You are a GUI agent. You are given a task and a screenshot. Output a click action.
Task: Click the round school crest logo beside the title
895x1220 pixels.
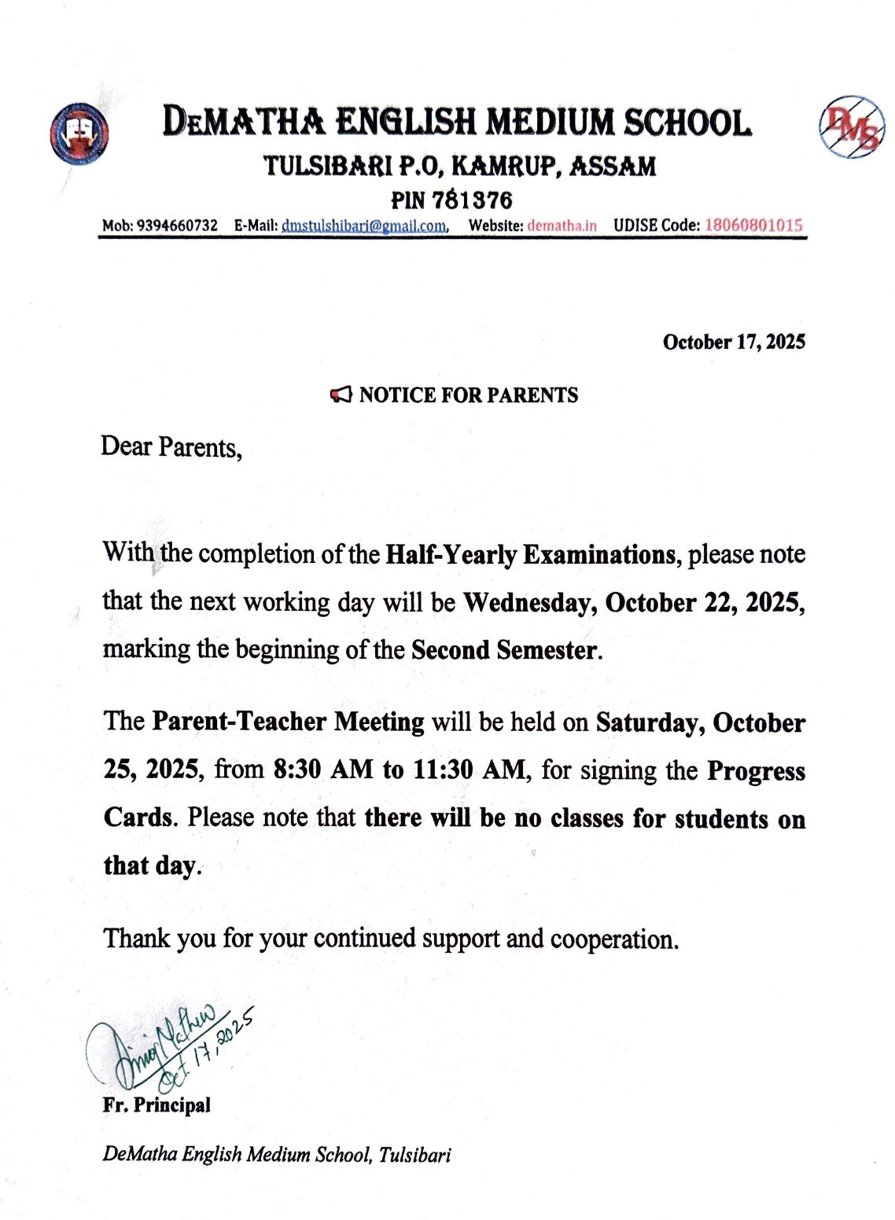[79, 134]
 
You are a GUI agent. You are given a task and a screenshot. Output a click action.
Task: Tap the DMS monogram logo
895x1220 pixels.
[852, 127]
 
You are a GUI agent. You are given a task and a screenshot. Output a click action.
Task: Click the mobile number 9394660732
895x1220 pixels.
[177, 226]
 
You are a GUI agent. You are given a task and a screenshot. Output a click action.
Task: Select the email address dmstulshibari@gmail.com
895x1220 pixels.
[364, 226]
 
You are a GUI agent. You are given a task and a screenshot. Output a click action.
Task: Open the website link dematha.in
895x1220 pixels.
[562, 226]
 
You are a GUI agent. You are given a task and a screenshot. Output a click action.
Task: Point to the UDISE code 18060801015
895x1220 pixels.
[753, 226]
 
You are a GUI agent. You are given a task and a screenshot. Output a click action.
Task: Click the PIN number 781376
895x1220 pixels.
[472, 200]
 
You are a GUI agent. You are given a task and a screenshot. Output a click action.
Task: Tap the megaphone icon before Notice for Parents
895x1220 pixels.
[341, 395]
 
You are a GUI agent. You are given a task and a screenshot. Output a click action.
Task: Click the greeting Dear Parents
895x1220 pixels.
[171, 447]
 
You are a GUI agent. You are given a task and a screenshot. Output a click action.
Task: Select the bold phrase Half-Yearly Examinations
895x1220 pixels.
[529, 555]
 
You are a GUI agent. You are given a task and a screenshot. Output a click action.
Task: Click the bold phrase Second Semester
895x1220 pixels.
[504, 651]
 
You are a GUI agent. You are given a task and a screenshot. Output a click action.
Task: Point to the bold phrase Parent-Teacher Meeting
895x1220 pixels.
[288, 722]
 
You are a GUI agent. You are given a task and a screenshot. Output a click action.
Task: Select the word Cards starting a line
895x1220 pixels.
[138, 818]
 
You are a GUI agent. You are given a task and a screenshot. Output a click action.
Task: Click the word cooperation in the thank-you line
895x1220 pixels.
[613, 939]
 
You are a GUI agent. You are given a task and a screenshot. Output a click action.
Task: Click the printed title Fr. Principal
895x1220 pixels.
[157, 1105]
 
